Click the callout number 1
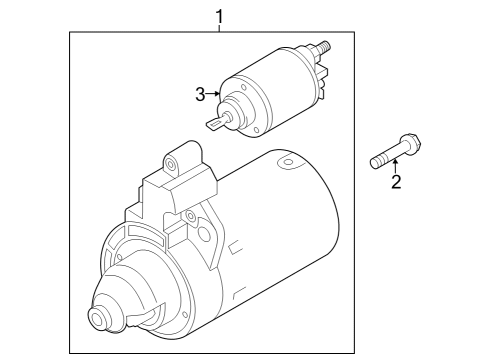coord(219,17)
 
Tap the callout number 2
coord(396,182)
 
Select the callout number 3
coord(200,95)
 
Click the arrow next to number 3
coord(213,94)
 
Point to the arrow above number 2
coord(396,167)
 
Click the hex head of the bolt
coord(411,142)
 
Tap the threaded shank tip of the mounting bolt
coord(375,163)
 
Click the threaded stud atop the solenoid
coord(323,46)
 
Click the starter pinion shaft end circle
coord(99,319)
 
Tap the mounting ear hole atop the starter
coord(171,164)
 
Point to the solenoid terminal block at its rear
coord(322,82)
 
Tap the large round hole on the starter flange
coord(204,234)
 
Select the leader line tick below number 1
coord(219,28)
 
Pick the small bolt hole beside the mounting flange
coord(190,215)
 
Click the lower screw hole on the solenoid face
coord(256,130)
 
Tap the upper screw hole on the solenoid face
coord(243,88)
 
